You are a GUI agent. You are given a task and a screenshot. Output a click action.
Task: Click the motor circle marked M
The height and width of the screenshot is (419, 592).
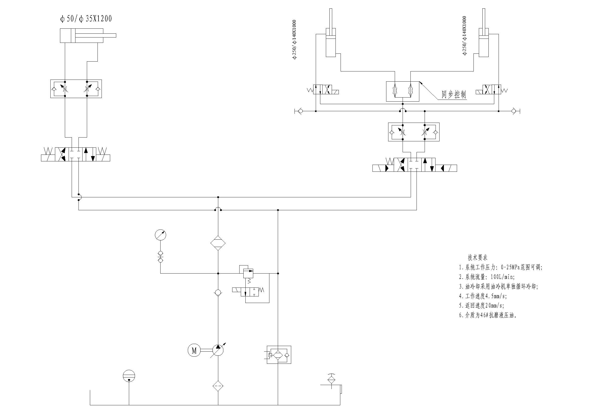coord(194,350)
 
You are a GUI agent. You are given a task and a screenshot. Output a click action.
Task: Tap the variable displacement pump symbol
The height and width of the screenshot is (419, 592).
coord(218,350)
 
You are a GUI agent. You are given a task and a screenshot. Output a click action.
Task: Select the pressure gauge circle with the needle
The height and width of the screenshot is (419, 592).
coord(160,235)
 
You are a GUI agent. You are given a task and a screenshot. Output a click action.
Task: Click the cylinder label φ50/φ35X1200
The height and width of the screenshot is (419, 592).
coord(86,19)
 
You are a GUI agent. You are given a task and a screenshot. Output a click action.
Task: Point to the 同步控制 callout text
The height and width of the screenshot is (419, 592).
coord(453,94)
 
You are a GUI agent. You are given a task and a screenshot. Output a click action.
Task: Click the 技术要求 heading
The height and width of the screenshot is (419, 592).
coord(478,257)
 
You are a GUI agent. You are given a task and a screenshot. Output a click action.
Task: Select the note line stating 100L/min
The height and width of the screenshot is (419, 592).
coord(487,277)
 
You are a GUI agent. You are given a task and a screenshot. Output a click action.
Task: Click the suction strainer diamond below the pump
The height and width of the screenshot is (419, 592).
coord(218,386)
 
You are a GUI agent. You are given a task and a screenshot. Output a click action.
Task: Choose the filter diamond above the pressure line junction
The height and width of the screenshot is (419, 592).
coord(218,243)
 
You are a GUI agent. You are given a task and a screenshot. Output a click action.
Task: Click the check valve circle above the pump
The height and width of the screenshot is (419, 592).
coord(218,293)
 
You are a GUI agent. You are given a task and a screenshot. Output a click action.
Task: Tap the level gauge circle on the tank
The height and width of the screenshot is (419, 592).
coord(129,376)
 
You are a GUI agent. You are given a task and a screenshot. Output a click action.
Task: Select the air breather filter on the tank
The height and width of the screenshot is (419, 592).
coord(331,379)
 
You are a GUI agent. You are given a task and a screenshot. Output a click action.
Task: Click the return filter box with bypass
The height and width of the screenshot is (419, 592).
coord(279,355)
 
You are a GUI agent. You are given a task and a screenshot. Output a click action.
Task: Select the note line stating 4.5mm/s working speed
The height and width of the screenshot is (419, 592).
coord(483,296)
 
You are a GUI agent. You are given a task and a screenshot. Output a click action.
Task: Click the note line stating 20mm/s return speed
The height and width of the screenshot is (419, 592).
coord(481,306)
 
